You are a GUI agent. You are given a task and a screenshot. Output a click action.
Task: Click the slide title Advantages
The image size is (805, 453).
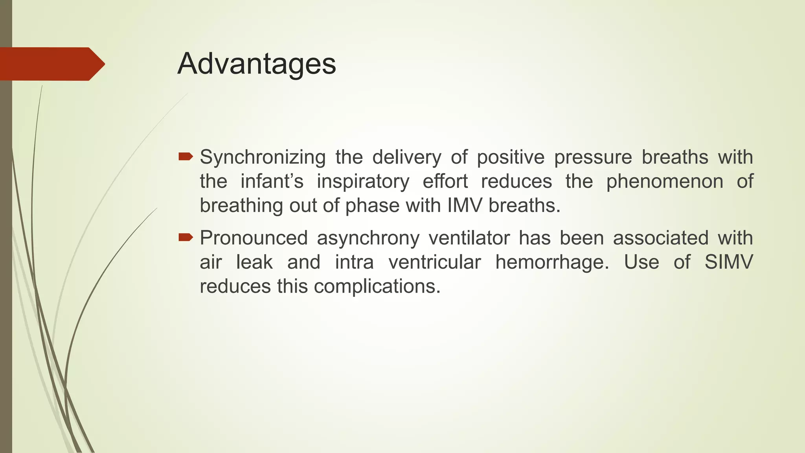(x=257, y=64)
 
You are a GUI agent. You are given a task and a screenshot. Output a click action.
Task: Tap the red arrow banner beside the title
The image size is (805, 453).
(x=51, y=64)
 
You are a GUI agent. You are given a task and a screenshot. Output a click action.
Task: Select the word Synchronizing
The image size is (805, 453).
(x=263, y=158)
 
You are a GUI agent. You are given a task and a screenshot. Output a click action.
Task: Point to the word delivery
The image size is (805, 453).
(x=407, y=157)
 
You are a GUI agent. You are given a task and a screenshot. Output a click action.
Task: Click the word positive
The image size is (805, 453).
(x=511, y=157)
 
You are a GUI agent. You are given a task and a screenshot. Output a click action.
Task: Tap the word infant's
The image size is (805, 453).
(x=272, y=181)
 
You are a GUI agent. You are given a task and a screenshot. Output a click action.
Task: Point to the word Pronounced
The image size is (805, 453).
(x=254, y=238)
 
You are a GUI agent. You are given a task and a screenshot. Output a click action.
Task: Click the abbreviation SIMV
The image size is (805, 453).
(x=728, y=262)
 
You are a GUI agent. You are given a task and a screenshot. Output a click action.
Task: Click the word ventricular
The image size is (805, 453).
(x=434, y=262)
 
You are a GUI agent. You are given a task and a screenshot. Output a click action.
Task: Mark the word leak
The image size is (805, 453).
(x=254, y=262)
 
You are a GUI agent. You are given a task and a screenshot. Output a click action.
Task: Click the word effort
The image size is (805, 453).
(x=445, y=181)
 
